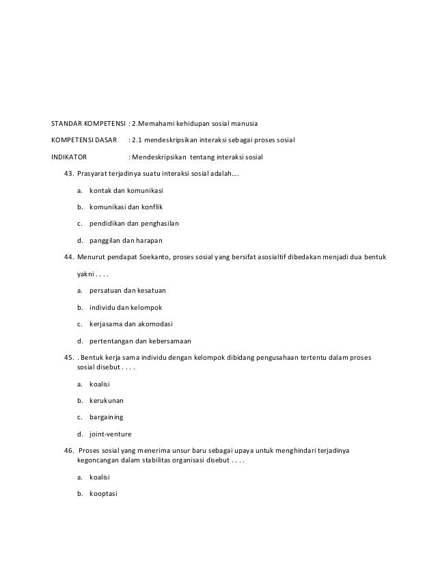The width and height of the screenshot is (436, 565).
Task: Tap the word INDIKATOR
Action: [69, 157]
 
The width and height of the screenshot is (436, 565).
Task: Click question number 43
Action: [68, 174]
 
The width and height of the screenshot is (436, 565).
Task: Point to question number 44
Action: [68, 257]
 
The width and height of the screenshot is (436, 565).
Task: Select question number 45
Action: [68, 357]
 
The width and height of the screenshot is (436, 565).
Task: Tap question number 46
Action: [68, 451]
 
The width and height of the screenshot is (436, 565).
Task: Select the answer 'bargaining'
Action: [107, 417]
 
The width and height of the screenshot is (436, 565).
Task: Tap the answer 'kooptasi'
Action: [104, 494]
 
